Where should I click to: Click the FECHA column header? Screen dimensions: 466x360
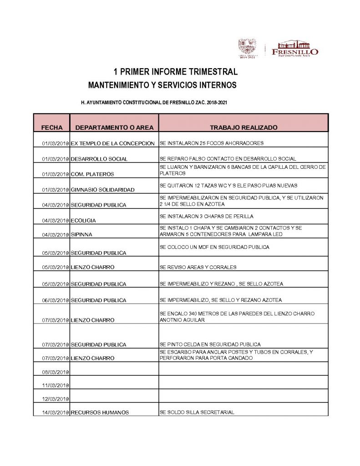click(52, 127)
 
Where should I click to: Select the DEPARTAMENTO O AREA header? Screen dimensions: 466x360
click(114, 127)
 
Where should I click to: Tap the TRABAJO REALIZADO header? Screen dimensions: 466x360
click(243, 127)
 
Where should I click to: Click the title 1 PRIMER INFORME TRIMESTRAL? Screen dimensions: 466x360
click(176, 72)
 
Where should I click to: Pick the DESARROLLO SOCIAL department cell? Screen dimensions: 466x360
click(99, 159)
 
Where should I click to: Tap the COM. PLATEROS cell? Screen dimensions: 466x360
click(92, 174)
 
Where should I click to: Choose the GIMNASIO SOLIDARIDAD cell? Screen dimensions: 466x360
click(103, 189)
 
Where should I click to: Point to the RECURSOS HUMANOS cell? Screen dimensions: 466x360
click(100, 412)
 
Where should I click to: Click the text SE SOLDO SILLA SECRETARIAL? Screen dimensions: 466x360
click(197, 412)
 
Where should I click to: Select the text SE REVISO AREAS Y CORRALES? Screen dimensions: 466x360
click(198, 267)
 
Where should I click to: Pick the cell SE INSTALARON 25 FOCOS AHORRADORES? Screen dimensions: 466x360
click(212, 143)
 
